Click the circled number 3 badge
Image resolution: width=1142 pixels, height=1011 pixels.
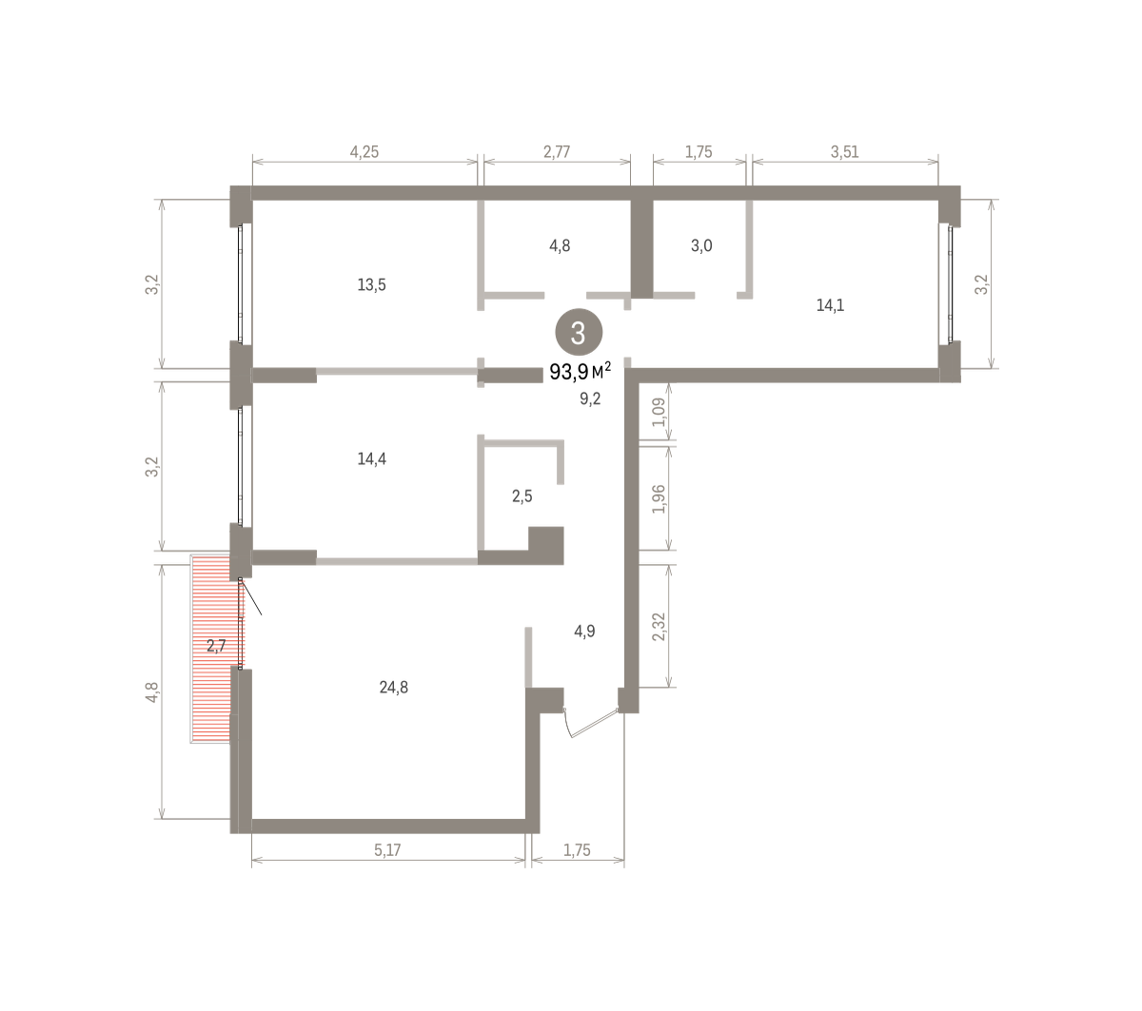coord(579,332)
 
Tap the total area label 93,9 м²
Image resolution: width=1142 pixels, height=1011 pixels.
coord(580,372)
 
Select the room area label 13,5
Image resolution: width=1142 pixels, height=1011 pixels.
coord(371,285)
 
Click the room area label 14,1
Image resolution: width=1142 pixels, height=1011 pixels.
coord(830,305)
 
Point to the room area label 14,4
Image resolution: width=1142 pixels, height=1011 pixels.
coord(371,459)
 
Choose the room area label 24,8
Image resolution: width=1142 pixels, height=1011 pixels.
coord(393,687)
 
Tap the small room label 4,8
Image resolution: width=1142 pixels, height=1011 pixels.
coord(560,245)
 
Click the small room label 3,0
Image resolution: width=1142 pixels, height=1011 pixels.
coord(701,245)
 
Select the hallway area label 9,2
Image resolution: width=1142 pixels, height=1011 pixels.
coord(590,399)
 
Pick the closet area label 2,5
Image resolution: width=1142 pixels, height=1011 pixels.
coord(522,496)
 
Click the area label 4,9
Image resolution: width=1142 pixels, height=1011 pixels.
coord(584,632)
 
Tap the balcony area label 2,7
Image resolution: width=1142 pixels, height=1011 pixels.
coord(216,646)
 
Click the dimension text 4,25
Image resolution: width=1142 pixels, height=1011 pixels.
coord(364,152)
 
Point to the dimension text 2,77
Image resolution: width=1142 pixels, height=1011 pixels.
coord(557,152)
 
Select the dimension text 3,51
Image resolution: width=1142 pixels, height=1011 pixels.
coord(844,152)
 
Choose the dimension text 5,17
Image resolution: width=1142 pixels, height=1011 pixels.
coord(387,850)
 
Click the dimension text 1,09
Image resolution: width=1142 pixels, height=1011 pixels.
coord(659,412)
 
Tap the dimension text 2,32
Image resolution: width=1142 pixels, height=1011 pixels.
coord(659,627)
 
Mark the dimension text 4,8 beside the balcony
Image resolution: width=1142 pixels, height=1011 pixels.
coord(152,692)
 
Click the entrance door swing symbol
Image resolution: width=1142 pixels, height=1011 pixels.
coord(591,724)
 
